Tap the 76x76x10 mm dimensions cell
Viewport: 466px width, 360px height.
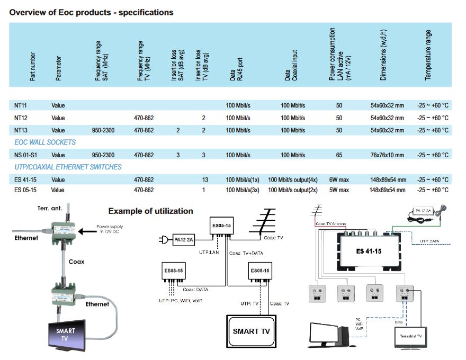pos(387,155)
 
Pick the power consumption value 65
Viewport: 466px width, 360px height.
pos(339,155)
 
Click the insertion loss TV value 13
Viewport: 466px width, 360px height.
pos(203,180)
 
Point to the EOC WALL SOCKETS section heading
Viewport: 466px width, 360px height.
pos(45,142)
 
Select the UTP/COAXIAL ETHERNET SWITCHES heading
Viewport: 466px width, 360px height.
pos(68,167)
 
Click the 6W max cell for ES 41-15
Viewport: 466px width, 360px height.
pos(339,180)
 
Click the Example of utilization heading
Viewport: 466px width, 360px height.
pos(150,211)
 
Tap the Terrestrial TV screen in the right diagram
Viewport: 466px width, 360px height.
pos(410,336)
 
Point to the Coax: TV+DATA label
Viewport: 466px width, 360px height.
pos(247,253)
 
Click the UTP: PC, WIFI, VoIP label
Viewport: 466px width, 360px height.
pos(180,301)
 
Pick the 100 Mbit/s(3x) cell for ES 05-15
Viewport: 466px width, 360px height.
pos(242,190)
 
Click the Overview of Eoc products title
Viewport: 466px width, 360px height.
pos(91,12)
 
